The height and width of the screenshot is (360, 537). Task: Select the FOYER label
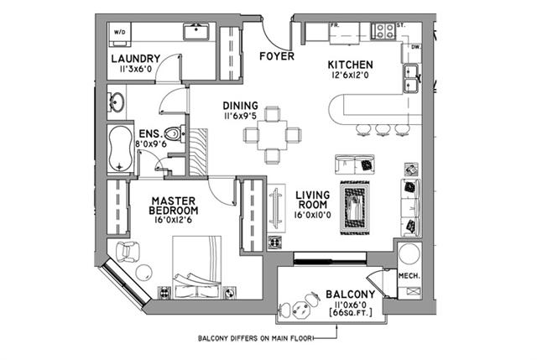(275, 58)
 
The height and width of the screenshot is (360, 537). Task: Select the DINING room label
(240, 106)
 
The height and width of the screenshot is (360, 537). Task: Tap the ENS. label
(149, 133)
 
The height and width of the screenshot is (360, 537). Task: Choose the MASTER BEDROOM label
(175, 206)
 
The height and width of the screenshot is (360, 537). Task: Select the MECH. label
(409, 276)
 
